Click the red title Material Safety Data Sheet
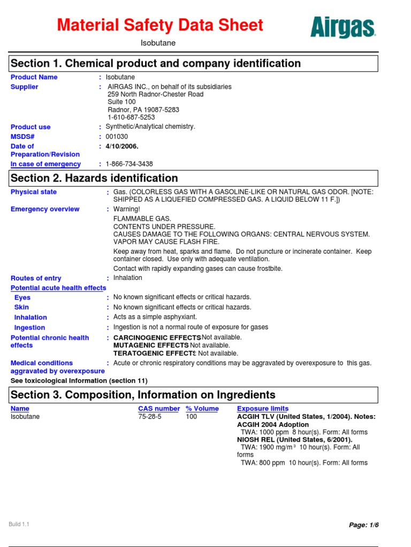coord(160,25)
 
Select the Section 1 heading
coord(156,64)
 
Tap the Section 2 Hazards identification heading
coord(95,178)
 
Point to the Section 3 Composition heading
coord(143,395)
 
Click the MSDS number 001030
coord(117,137)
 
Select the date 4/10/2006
coord(122,146)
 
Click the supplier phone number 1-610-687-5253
coord(131,117)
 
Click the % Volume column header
coord(202,409)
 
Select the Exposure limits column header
coord(263,409)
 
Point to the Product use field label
coord(31,127)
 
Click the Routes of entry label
coord(36,278)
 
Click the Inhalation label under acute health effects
coord(31,317)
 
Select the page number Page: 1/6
coord(363,526)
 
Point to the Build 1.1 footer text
coord(19,524)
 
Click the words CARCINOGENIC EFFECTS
coord(157,338)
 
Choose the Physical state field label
coord(34,192)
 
